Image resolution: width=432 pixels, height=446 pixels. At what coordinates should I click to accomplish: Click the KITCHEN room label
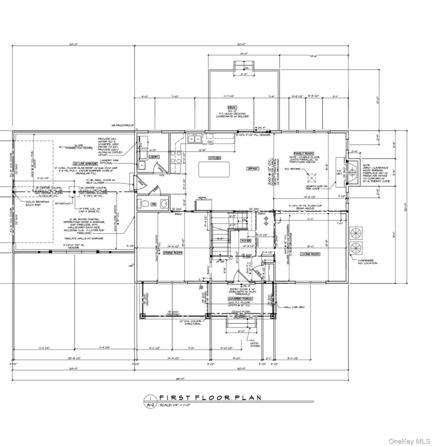(x=214, y=158)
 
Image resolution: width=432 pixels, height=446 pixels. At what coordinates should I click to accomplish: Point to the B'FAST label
(x=252, y=169)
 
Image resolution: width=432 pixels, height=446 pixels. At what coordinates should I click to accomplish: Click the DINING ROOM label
(x=171, y=253)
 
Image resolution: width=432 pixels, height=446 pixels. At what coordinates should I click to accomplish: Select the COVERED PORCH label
(x=240, y=298)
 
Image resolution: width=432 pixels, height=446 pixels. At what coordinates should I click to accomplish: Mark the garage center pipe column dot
(x=74, y=191)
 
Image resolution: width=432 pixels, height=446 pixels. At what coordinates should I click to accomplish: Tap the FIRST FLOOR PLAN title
(x=210, y=398)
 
